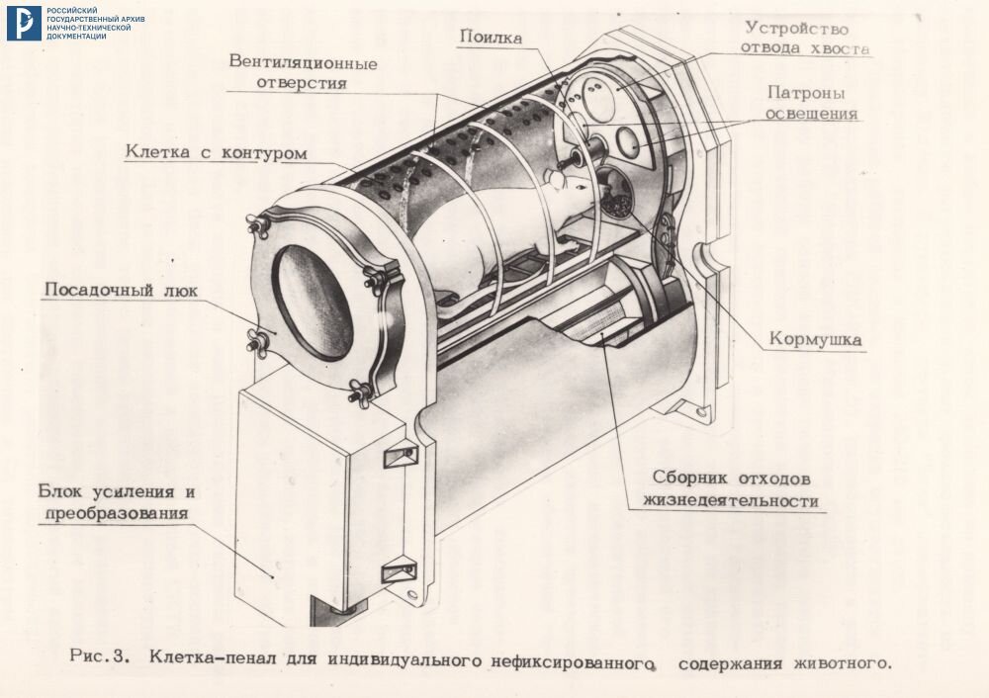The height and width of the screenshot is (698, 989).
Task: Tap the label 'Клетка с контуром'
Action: (216, 153)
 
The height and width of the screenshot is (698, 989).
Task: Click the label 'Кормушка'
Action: (816, 339)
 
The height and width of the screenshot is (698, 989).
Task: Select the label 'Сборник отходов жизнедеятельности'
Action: (731, 487)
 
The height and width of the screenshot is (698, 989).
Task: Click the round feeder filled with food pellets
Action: (618, 194)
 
